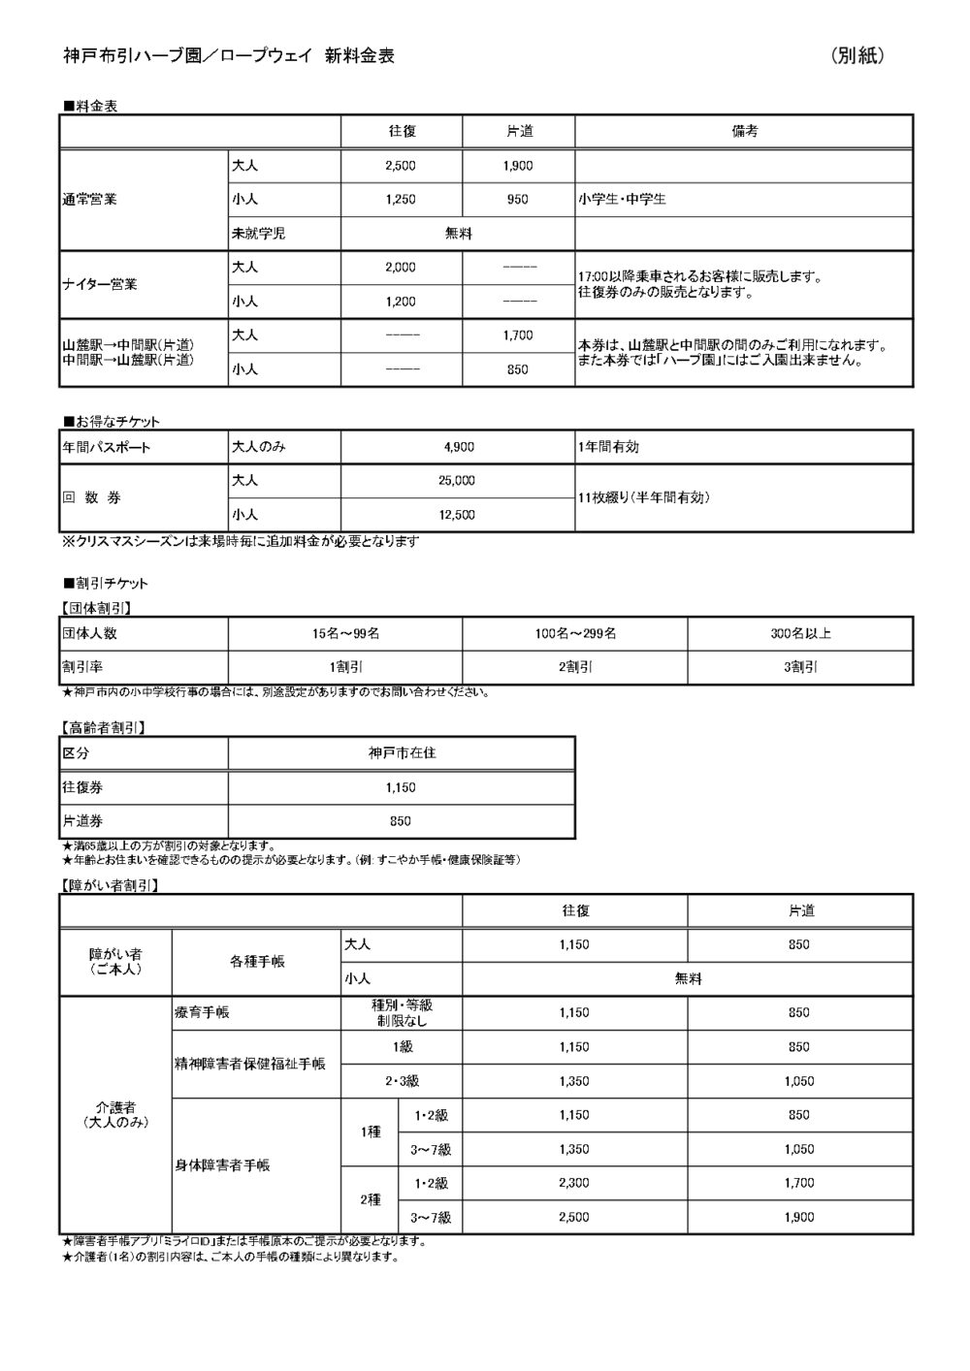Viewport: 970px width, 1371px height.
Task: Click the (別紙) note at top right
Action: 858,56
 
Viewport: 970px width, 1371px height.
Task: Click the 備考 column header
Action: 744,132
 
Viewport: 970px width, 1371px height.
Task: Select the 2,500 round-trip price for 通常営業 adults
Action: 400,166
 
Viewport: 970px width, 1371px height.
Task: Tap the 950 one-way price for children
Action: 518,200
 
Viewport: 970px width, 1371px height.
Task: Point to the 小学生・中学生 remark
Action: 622,200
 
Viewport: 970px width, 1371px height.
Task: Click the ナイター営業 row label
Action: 100,284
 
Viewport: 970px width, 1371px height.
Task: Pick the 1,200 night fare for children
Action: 400,302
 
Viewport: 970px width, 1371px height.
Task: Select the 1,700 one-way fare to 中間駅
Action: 518,335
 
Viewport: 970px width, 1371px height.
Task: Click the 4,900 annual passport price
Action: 458,448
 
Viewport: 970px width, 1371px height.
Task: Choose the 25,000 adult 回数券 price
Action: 458,481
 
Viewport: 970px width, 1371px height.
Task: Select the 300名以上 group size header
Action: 800,634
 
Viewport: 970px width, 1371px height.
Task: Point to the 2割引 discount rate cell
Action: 574,668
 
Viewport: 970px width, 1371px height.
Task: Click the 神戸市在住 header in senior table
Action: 402,753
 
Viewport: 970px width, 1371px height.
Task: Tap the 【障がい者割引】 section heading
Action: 110,885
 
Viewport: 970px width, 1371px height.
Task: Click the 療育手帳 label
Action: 203,1013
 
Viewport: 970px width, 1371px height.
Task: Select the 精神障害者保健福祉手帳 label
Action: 249,1064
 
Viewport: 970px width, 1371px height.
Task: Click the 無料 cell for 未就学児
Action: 458,234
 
